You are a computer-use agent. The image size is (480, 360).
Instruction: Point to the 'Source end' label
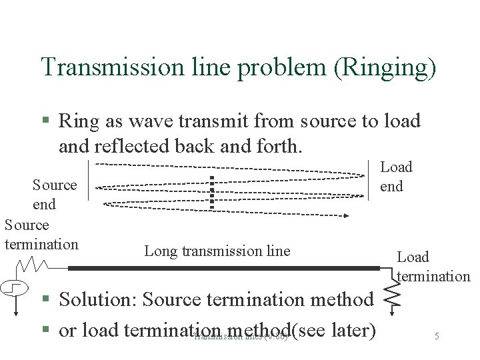[x=55, y=194]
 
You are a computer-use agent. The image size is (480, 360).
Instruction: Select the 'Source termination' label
[x=41, y=234]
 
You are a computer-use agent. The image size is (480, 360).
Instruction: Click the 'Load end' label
[x=396, y=177]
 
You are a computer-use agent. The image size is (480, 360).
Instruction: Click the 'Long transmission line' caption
[x=217, y=251]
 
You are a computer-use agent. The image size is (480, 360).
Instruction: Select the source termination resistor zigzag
[x=31, y=266]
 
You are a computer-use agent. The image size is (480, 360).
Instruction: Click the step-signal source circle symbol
[x=15, y=289]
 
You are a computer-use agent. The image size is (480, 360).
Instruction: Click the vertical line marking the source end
[x=88, y=180]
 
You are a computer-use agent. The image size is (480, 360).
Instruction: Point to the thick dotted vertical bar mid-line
[x=212, y=191]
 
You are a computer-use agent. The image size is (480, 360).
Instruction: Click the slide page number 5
[x=437, y=336]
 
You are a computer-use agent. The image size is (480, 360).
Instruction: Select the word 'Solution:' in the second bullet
[x=98, y=300]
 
